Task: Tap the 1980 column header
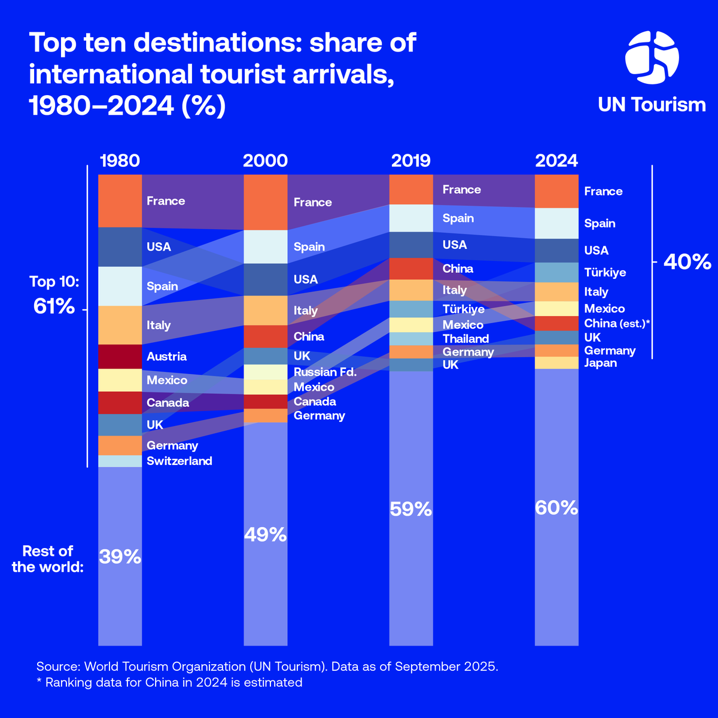120,161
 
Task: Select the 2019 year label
410,161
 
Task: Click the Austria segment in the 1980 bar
120,357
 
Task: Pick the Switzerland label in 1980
179,461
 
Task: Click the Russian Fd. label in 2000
325,372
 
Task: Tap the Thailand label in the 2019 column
466,339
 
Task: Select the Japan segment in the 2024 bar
556,363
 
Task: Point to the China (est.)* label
617,323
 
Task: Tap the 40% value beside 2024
686,262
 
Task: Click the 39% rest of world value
120,557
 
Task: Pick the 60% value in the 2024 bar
556,508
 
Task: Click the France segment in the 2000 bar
266,202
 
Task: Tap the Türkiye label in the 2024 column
605,272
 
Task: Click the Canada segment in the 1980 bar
120,403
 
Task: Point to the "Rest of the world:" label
47,559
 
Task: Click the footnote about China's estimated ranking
169,682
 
